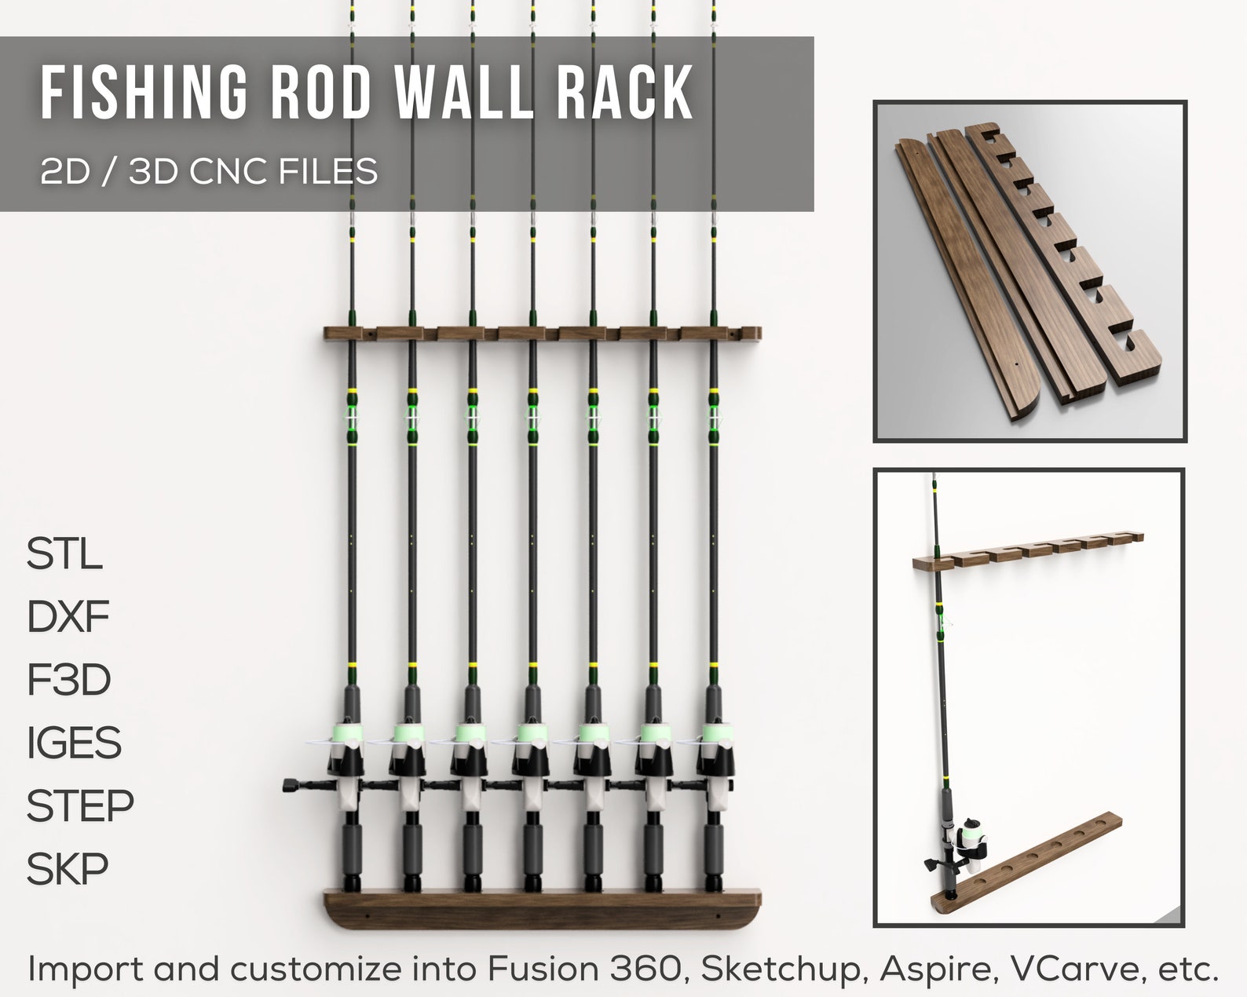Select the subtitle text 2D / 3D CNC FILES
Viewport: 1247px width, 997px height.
[209, 170]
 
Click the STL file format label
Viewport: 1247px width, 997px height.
[64, 554]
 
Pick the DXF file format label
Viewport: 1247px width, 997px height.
[68, 617]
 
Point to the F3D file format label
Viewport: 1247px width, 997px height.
[68, 680]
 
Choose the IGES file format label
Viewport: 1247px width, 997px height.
[74, 743]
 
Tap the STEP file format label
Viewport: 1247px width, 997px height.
[80, 805]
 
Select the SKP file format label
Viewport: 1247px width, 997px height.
[68, 868]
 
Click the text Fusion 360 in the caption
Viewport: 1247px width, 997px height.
[583, 970]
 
